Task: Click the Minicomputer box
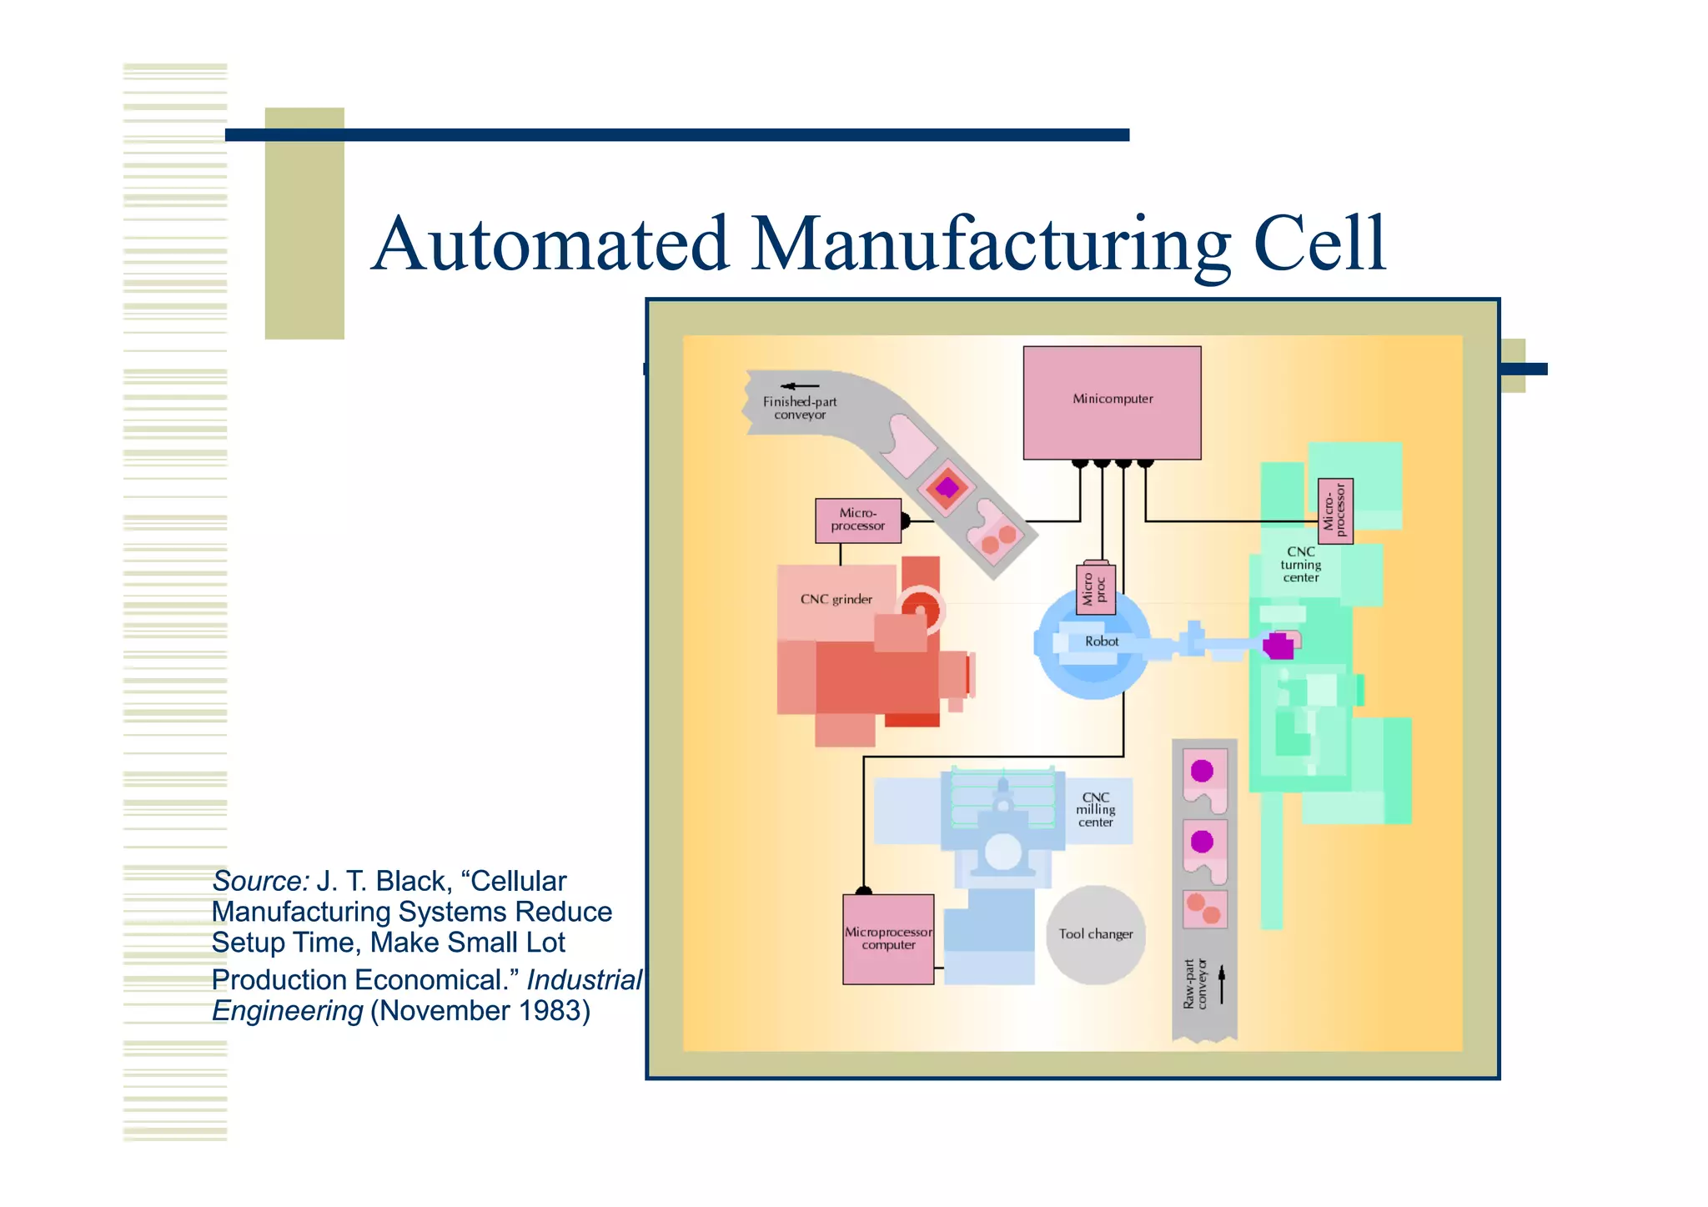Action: pos(1112,403)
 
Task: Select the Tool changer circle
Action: pos(1096,934)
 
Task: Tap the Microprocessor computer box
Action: pos(888,939)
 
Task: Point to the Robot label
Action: pos(1102,641)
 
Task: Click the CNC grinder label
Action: pos(836,599)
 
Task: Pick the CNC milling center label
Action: pos(1095,810)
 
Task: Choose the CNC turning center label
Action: pos(1300,565)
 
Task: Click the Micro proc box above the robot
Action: pos(1095,590)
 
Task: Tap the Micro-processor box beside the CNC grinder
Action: pos(858,521)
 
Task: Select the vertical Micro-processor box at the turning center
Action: pos(1335,510)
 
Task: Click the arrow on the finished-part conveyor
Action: pos(800,386)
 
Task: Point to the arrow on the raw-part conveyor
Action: pos(1222,984)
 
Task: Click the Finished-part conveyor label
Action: pos(800,408)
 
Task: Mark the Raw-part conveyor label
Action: pos(1195,984)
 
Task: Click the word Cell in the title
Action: pos(1319,244)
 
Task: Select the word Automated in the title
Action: pos(550,244)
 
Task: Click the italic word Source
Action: pos(259,881)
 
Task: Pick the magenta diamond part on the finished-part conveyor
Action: pos(947,487)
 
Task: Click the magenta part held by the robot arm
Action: pos(1278,646)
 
